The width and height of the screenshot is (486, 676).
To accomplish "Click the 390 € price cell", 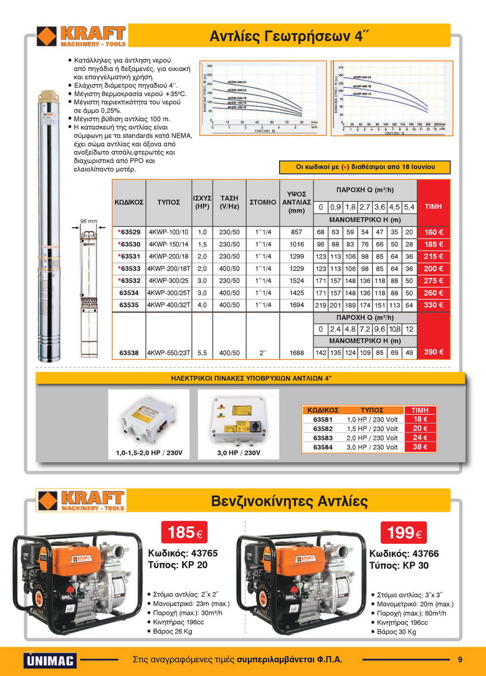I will pos(434,352).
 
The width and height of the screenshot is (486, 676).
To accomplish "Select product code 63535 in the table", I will pos(129,305).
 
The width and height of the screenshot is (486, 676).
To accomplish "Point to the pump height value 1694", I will pos(297,305).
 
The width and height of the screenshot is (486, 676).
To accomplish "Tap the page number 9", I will pos(460,659).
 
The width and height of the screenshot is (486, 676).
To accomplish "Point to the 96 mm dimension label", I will pos(89,221).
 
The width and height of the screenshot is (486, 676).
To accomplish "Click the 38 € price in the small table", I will pos(420,447).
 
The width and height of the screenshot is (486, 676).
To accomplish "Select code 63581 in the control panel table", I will pos(323,419).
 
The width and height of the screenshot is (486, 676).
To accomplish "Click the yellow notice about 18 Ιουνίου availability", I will pos(364,167).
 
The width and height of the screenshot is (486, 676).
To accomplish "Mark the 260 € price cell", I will pos(434,292).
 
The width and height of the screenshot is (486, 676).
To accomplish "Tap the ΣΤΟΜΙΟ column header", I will pos(262,202).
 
